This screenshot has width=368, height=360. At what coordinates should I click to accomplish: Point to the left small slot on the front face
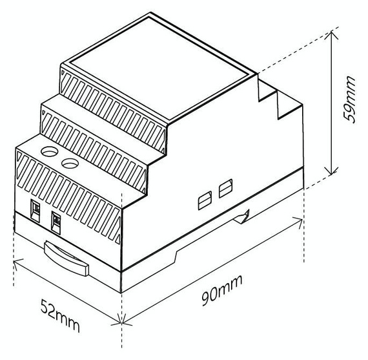coord(35,208)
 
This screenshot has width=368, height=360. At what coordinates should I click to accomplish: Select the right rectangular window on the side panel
coord(225,189)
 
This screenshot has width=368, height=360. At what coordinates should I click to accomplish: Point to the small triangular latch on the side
coord(244,218)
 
